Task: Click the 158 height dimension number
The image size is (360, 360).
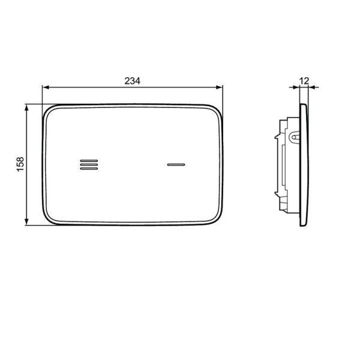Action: [20, 164]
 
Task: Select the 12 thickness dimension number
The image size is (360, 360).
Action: [304, 80]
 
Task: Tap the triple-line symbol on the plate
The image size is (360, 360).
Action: [89, 164]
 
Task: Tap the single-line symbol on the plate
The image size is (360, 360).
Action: [176, 164]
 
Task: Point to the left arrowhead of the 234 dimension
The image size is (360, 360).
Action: [44, 88]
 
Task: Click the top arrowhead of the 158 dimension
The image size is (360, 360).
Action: [27, 107]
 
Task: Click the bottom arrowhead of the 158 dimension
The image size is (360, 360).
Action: [27, 223]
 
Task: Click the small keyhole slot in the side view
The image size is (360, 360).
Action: [293, 137]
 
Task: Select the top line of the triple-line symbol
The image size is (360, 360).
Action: [89, 160]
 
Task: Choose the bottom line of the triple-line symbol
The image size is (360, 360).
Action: [89, 169]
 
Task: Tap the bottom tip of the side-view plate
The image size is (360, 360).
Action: [304, 225]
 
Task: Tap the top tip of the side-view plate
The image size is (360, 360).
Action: [304, 104]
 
